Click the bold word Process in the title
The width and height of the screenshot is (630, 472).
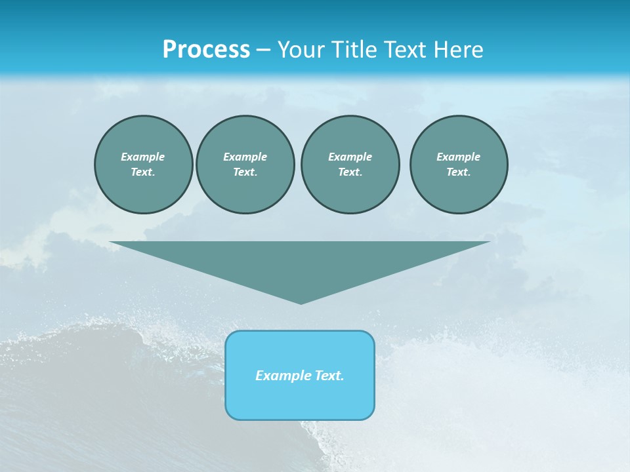[x=206, y=50]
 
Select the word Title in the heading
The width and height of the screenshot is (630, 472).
[x=355, y=50]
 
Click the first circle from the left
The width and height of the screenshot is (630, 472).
[x=143, y=165]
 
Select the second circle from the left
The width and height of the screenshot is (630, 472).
[x=245, y=165]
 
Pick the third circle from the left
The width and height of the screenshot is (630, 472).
[x=350, y=165]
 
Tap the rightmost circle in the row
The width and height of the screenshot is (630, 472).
[x=459, y=165]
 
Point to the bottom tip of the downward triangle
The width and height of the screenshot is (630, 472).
[x=301, y=302]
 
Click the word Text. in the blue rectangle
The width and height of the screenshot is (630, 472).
[x=328, y=376]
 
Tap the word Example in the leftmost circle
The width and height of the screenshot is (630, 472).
[x=143, y=157]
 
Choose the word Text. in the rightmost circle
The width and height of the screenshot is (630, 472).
[x=459, y=172]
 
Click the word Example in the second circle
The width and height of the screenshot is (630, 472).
[x=245, y=157]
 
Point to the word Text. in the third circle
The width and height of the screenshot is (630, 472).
[x=350, y=172]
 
